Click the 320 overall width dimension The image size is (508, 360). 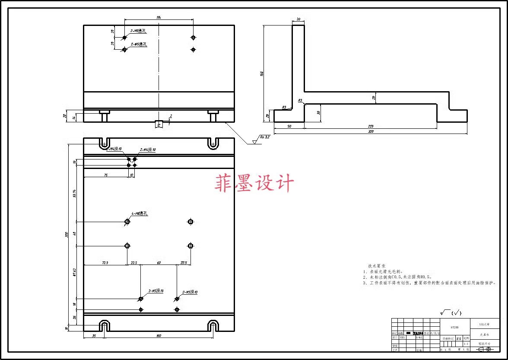370,131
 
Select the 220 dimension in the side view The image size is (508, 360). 371,126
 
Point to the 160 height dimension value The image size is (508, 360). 262,73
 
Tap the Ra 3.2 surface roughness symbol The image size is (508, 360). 264,137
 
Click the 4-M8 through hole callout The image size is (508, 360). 140,213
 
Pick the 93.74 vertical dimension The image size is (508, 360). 74,194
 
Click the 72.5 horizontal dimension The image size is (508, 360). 105,263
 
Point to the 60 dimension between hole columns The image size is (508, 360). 159,263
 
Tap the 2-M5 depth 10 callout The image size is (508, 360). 190,292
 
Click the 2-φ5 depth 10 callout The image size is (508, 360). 156,291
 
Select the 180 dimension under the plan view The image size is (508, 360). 159,336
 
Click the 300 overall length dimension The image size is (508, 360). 67,234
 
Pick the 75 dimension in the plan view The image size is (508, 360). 105,175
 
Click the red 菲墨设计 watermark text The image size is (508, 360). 254,183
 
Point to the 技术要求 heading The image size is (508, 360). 377,266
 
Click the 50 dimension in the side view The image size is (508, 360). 289,126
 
